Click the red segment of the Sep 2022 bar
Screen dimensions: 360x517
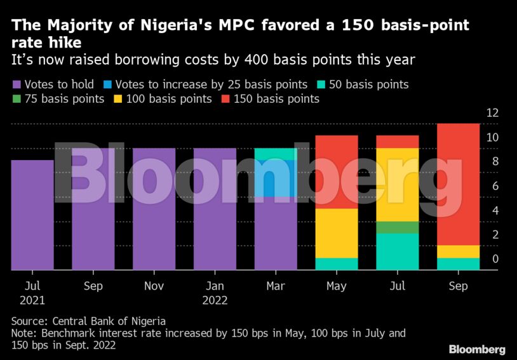[458, 184]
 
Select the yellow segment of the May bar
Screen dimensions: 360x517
[336, 233]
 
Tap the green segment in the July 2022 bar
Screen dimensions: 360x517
[397, 227]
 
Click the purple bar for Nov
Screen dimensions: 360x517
[154, 209]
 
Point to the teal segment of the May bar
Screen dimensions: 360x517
[336, 263]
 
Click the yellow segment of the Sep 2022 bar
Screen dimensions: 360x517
[458, 251]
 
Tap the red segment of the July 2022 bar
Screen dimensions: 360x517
[397, 142]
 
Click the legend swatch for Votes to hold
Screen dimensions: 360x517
[17, 84]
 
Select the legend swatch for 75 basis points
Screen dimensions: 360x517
[17, 99]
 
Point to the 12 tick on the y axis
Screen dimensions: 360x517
[493, 113]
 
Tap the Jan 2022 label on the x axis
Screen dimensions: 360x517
[215, 293]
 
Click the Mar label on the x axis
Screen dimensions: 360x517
[275, 286]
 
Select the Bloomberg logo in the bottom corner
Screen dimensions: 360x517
[477, 349]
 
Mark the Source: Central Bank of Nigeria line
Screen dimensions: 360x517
[88, 321]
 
